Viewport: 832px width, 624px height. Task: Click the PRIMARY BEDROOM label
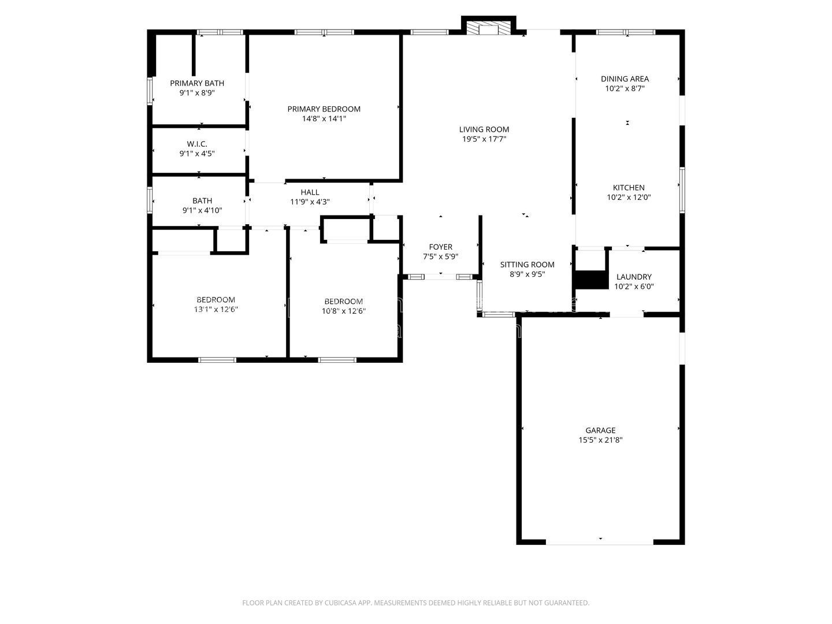pos(324,109)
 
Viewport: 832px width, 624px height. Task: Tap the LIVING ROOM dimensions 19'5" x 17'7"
pos(484,139)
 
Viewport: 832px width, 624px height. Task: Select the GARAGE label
pos(600,430)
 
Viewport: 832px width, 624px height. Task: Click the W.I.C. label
pos(197,144)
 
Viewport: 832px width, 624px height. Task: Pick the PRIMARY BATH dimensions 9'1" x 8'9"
pos(197,93)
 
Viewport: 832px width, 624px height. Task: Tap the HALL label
pos(310,192)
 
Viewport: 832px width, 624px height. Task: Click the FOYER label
pos(440,247)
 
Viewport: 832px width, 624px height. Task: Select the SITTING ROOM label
pos(528,265)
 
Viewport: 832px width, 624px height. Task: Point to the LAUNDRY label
pos(634,277)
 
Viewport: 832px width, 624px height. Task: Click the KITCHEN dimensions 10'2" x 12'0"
pos(629,198)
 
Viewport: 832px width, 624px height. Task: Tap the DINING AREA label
pos(625,79)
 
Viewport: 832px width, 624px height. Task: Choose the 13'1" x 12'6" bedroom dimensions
pos(216,310)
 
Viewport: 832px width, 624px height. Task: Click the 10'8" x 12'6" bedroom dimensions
pos(344,311)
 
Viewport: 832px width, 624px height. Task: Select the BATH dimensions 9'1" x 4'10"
pos(202,210)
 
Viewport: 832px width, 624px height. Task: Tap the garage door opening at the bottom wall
pos(600,542)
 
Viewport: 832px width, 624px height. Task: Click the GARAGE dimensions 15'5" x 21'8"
pos(600,440)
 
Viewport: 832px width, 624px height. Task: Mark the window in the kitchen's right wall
pos(682,190)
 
